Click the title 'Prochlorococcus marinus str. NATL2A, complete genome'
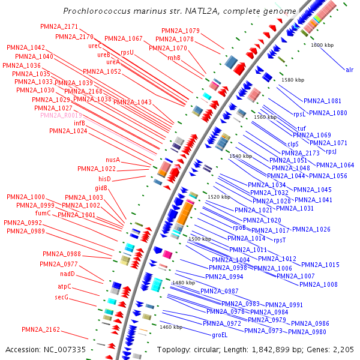179,11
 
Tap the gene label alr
350,70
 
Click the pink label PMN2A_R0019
61,115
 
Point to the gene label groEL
220,335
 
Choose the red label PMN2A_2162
41,329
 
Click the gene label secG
62,297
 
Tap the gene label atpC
65,286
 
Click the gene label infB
80,122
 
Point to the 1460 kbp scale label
170,327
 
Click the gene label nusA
113,160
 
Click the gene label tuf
302,128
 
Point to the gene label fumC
43,213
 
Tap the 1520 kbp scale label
219,197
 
